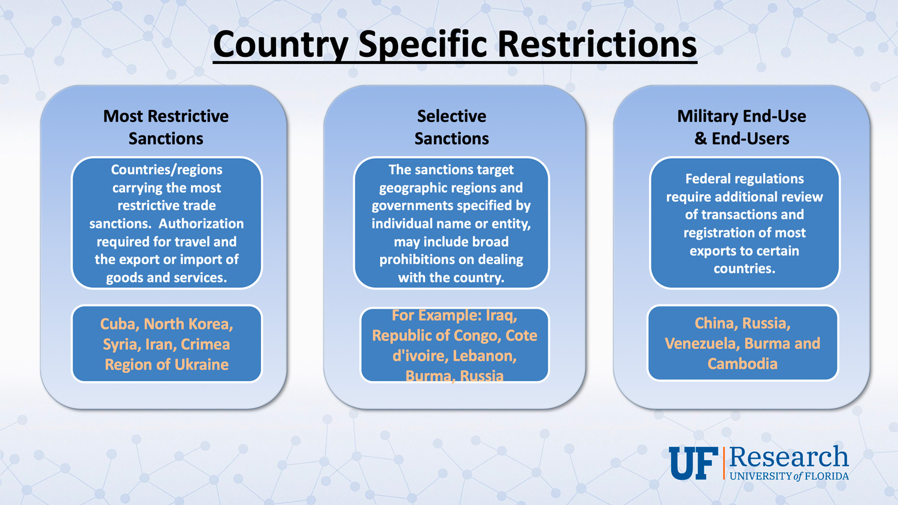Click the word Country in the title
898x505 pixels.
[281, 44]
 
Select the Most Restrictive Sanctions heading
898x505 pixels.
[166, 127]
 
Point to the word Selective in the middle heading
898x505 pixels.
[451, 116]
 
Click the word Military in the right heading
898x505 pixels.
[706, 117]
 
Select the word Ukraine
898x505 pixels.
[202, 365]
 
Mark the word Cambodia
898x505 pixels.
[742, 364]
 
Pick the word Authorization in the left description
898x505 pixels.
[201, 223]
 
